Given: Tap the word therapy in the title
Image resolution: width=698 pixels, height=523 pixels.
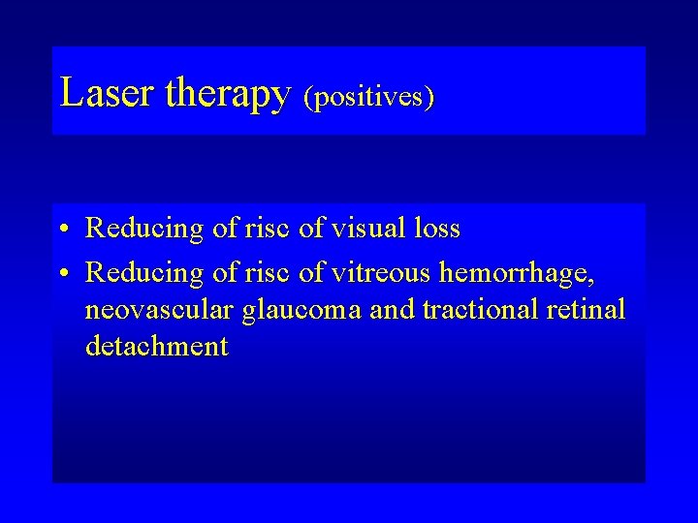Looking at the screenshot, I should coord(228,95).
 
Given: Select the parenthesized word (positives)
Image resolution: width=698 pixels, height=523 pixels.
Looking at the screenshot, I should coord(368,98).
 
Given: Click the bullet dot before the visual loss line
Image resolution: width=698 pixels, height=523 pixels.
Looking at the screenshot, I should coord(62,231).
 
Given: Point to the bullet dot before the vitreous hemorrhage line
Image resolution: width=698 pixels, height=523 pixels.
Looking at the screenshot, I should coord(62,275).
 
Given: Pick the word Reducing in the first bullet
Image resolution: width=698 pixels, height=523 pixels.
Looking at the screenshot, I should coord(144,230).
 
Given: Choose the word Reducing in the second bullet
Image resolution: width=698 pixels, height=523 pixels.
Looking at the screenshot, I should coord(144,275).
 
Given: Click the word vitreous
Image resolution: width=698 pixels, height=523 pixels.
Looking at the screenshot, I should coord(380,274).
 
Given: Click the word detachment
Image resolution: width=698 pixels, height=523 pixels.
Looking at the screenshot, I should coord(157,346).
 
